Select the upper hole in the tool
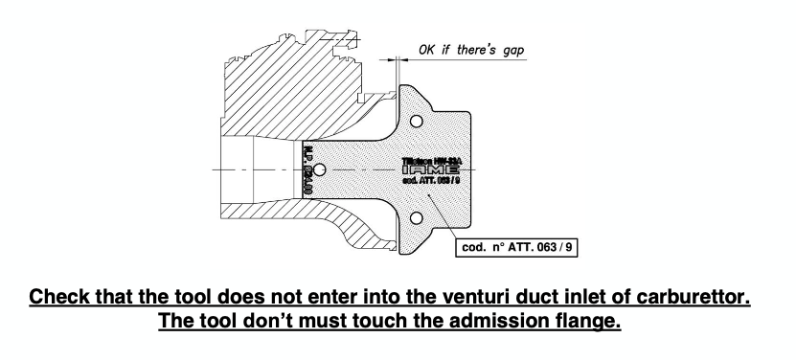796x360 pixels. click(x=417, y=124)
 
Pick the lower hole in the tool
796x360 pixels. click(x=417, y=217)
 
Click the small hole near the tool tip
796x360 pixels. click(x=320, y=170)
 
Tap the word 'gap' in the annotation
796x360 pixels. click(x=519, y=48)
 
